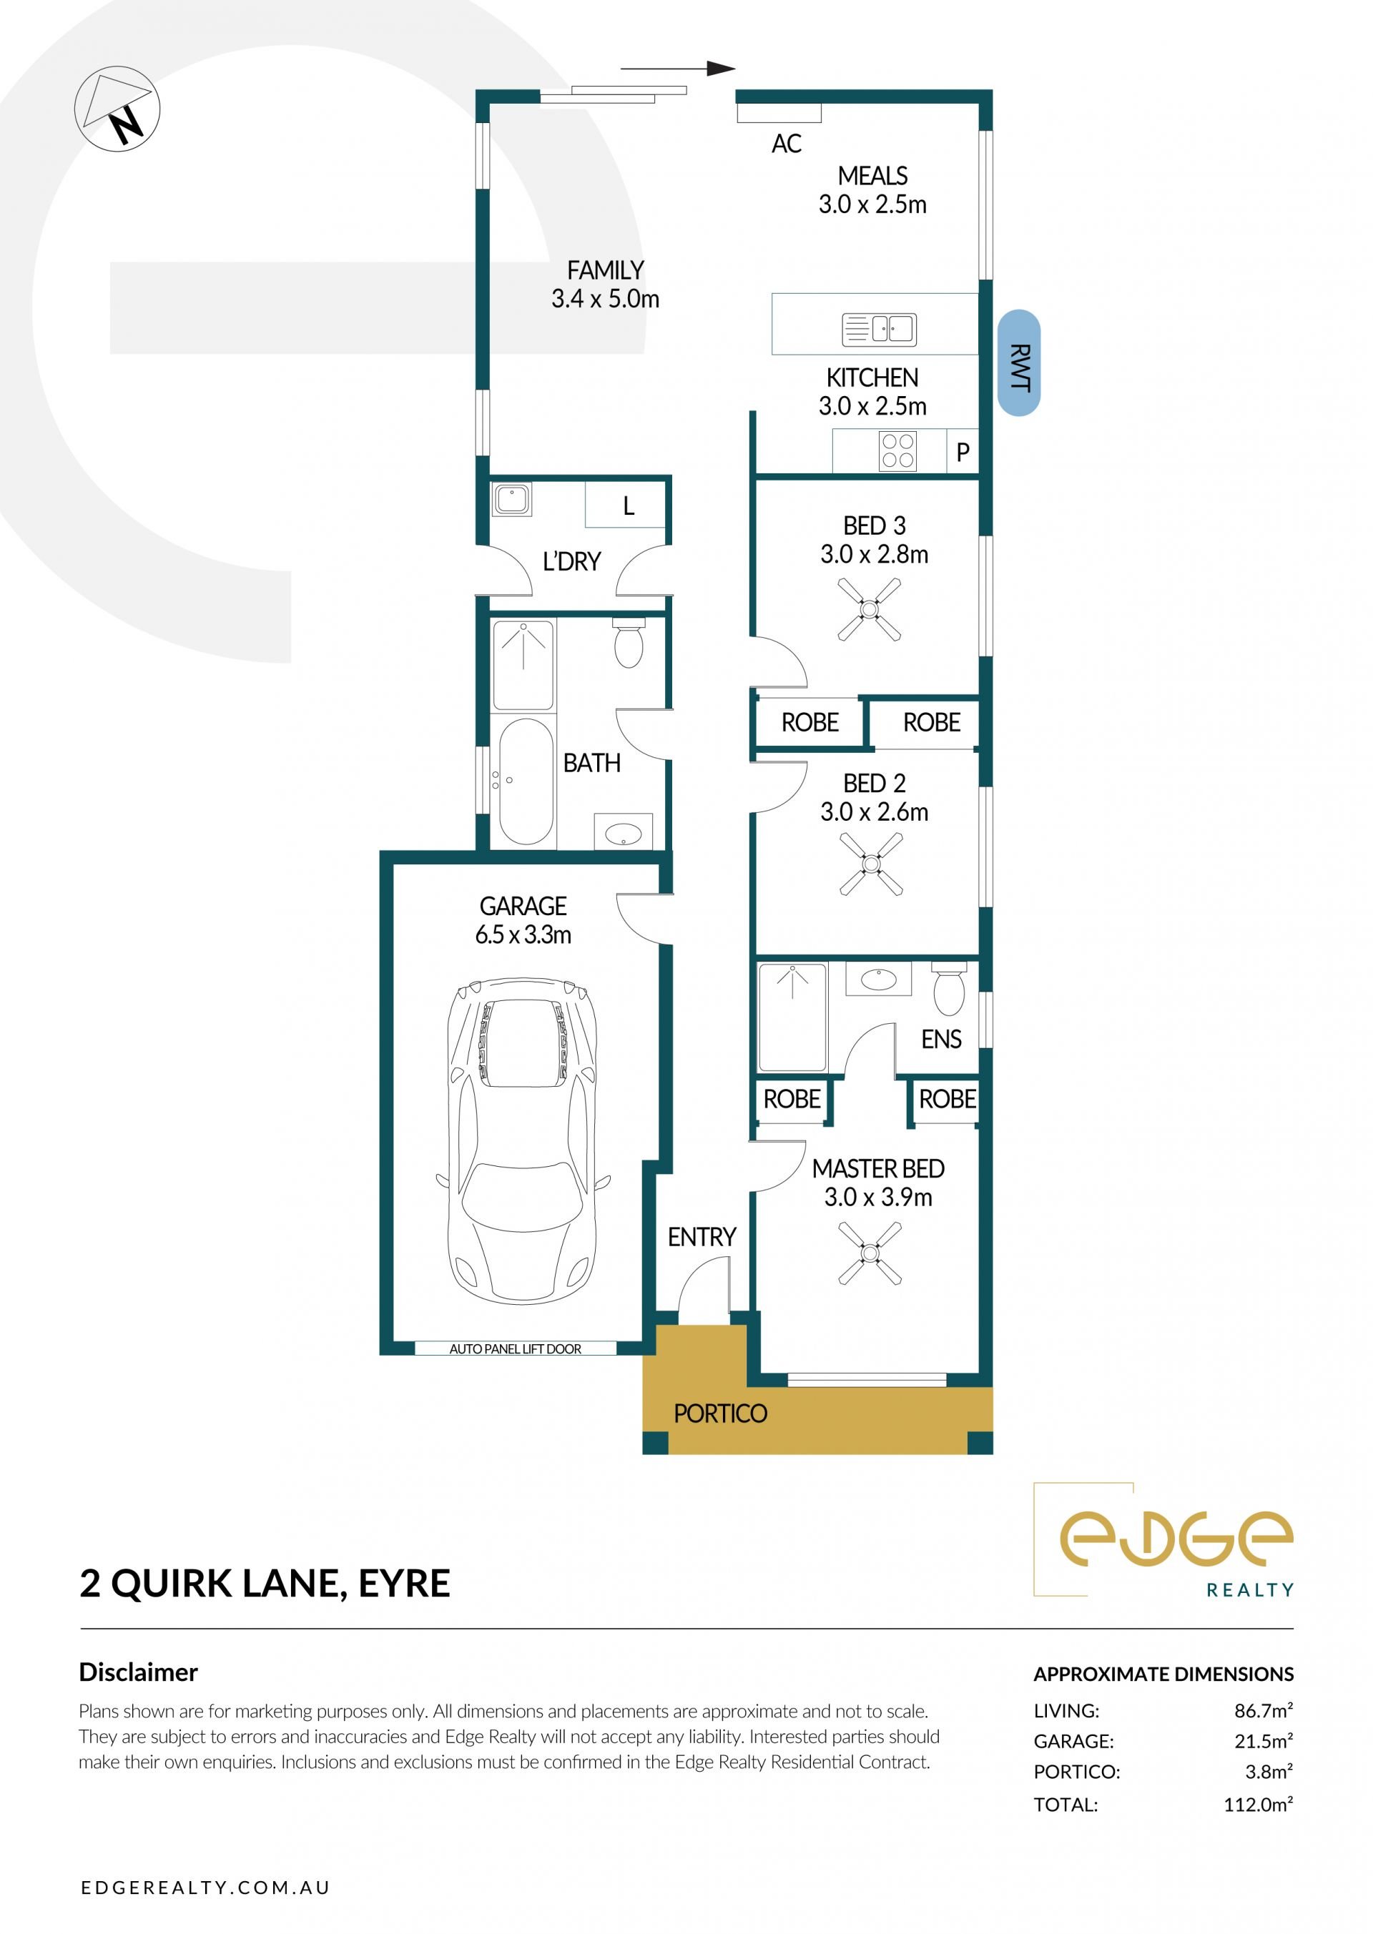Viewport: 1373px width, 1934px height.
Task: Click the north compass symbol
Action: pos(117,109)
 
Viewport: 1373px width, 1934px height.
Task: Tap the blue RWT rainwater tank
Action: pos(1019,362)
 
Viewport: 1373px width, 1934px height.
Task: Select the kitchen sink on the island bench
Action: pos(880,329)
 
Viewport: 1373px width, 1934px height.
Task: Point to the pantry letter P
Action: pos(962,453)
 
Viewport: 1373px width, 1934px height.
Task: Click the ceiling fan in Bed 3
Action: pos(869,608)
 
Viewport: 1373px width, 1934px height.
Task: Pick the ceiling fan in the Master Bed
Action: pos(869,1253)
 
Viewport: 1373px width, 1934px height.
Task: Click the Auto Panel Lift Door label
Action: pos(515,1349)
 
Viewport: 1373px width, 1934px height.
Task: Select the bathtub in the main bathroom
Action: pos(526,782)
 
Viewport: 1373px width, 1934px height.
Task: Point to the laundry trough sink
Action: pos(511,499)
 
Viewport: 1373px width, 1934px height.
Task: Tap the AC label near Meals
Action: pos(787,144)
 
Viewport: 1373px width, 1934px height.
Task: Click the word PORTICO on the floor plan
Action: pos(720,1414)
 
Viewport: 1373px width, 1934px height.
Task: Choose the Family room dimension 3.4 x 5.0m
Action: pos(606,298)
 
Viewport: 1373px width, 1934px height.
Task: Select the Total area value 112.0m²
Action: pos(1258,1804)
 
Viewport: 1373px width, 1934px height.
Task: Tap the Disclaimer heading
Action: pos(138,1672)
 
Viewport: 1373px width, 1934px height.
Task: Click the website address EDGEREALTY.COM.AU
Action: pos(205,1888)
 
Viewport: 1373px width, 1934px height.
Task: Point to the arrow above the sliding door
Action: pos(678,69)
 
